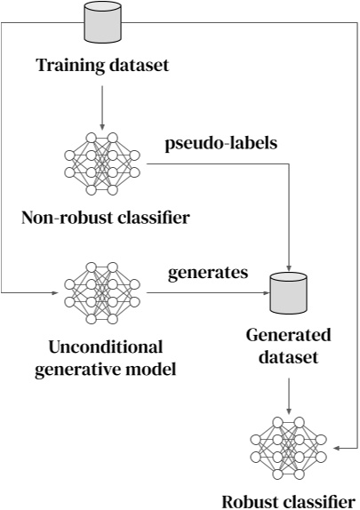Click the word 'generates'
[x=208, y=273]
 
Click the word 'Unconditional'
[x=104, y=346]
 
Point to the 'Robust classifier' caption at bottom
[x=290, y=498]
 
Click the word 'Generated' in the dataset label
[x=290, y=335]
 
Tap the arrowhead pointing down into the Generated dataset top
[x=292, y=266]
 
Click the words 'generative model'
[x=106, y=368]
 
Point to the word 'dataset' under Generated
[x=290, y=356]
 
